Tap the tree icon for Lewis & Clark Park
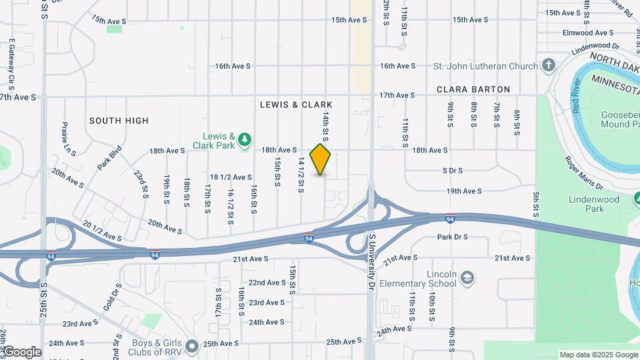[246, 139]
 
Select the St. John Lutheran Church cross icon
[549, 65]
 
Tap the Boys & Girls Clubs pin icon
[193, 346]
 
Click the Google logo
[21, 352]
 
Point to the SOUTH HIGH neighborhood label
[119, 121]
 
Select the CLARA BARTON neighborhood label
[473, 89]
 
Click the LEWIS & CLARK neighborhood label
[296, 105]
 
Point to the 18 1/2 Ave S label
[231, 177]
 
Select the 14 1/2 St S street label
[301, 176]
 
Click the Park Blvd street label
[111, 158]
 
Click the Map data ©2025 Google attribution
[598, 355]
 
